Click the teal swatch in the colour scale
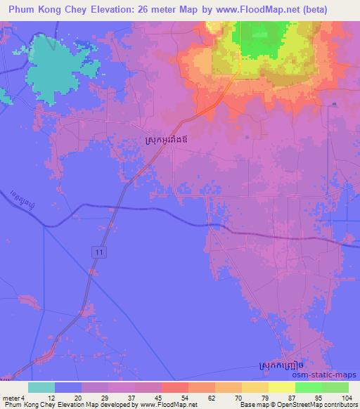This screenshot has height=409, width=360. [x=41, y=387]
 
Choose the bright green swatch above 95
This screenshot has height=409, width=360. [x=309, y=387]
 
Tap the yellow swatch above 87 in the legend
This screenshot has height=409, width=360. [x=282, y=387]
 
